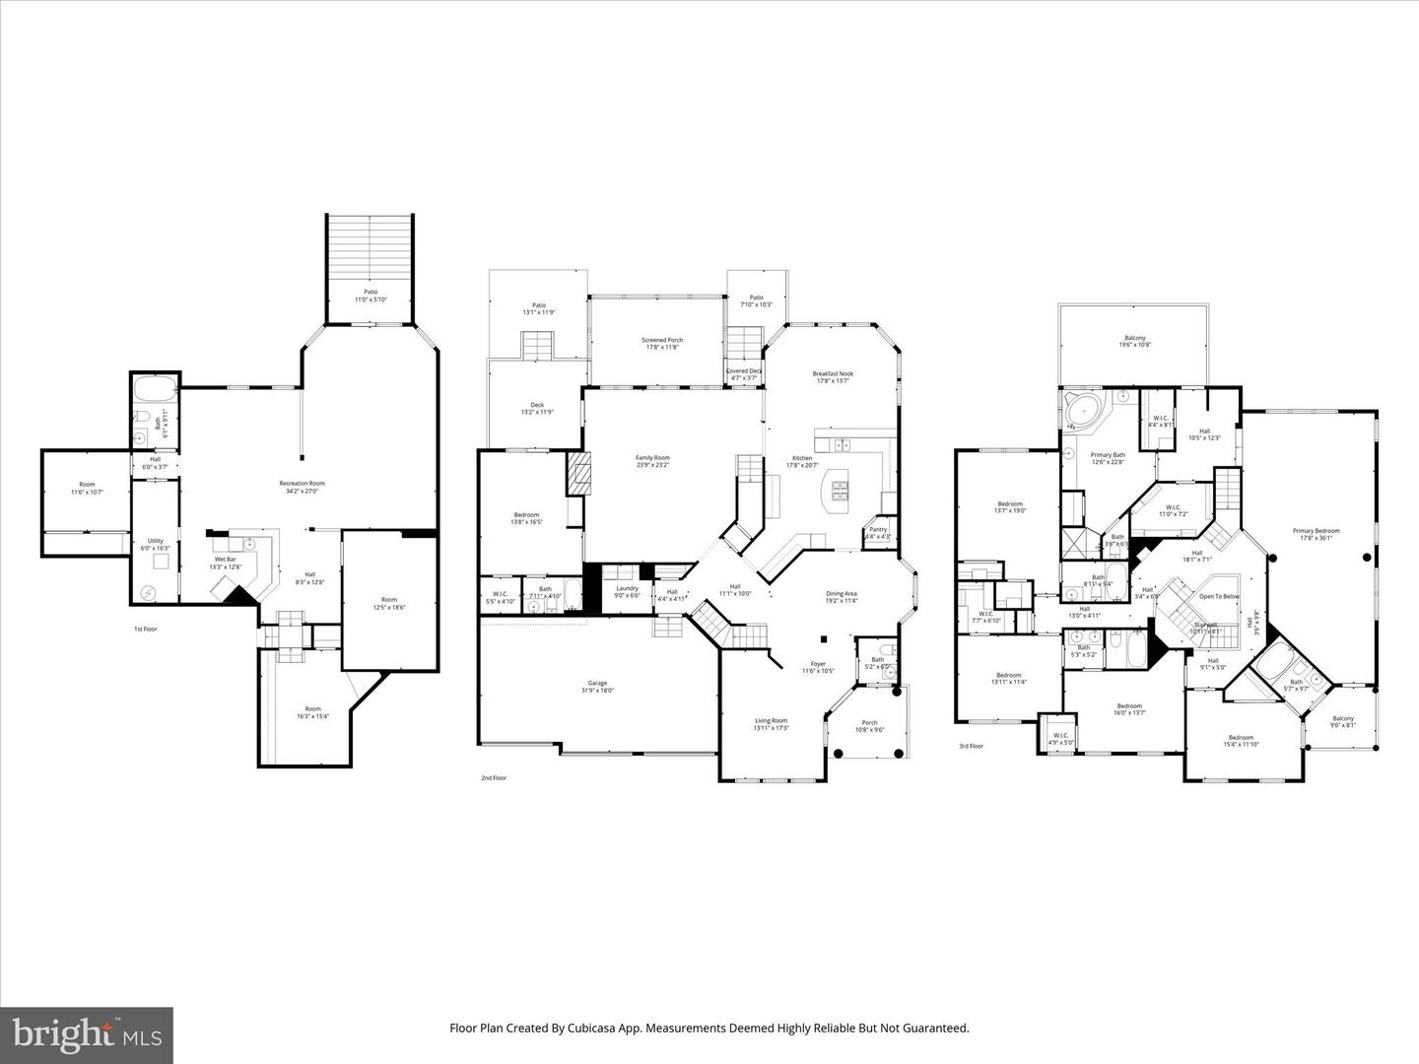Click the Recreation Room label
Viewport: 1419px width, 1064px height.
pyautogui.click(x=302, y=483)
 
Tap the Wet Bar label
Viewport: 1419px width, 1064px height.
pyautogui.click(x=225, y=560)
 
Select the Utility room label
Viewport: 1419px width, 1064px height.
pyautogui.click(x=156, y=541)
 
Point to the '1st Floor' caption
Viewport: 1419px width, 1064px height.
pyautogui.click(x=145, y=629)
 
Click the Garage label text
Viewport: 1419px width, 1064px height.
pyautogui.click(x=597, y=683)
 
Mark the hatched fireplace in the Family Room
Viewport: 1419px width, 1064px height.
pyautogui.click(x=575, y=474)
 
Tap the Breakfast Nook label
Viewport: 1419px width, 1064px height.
pyautogui.click(x=832, y=373)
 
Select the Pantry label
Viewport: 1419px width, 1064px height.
pyautogui.click(x=878, y=530)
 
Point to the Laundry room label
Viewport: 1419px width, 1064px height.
pyautogui.click(x=627, y=588)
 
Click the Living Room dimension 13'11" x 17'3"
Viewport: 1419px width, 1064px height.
pyautogui.click(x=771, y=728)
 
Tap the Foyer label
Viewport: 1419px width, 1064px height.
pyautogui.click(x=818, y=664)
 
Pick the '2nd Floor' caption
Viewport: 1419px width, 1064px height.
pyautogui.click(x=494, y=778)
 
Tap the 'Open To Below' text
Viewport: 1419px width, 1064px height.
pyautogui.click(x=1219, y=597)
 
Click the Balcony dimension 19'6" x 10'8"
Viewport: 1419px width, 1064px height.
pyautogui.click(x=1135, y=345)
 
